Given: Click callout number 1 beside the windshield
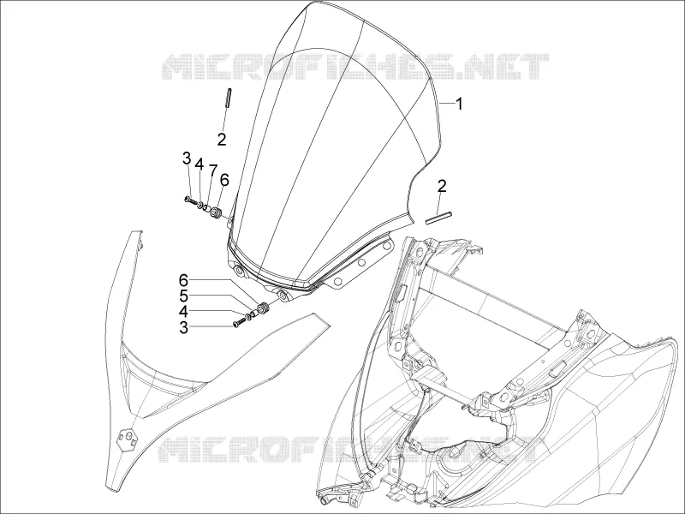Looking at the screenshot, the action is (459, 104).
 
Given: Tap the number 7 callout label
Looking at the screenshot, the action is (212, 170).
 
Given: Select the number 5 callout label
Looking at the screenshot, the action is (183, 296).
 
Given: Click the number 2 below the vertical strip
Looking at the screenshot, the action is (222, 140).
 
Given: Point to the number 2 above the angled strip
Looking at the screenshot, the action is (442, 187).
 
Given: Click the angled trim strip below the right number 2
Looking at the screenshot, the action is (439, 218).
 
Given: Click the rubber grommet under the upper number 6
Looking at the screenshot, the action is (217, 212).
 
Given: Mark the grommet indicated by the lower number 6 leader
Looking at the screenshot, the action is (265, 308).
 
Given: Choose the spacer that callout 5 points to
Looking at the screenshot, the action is (254, 314).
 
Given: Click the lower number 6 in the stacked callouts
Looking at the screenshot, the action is (183, 280).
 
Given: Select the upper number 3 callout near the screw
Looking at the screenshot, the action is (187, 158).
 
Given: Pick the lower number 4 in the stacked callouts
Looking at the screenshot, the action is (183, 312).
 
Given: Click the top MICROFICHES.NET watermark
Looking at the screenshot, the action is (355, 67).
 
